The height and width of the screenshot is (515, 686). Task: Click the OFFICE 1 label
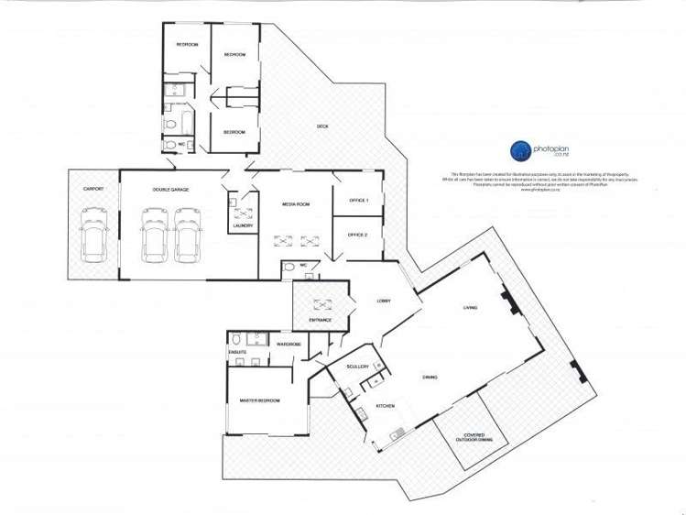pyautogui.click(x=358, y=200)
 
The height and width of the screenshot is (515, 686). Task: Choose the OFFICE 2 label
pyautogui.click(x=358, y=235)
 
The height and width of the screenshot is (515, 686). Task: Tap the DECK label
pyautogui.click(x=322, y=126)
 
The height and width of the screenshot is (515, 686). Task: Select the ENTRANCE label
pyautogui.click(x=320, y=320)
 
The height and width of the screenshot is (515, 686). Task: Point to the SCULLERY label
pyautogui.click(x=357, y=367)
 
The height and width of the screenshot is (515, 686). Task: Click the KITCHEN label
pyautogui.click(x=386, y=406)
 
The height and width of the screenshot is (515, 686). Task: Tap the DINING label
pyautogui.click(x=429, y=377)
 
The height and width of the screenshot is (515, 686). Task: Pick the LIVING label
pyautogui.click(x=469, y=307)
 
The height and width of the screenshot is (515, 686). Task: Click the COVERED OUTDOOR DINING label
pyautogui.click(x=473, y=438)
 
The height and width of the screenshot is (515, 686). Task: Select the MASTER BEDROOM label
pyautogui.click(x=259, y=400)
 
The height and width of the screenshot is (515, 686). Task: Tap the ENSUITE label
pyautogui.click(x=237, y=351)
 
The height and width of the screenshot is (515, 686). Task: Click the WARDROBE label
pyautogui.click(x=289, y=344)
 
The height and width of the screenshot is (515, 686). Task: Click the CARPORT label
pyautogui.click(x=93, y=190)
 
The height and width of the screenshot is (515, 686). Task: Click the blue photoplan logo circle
pyautogui.click(x=518, y=150)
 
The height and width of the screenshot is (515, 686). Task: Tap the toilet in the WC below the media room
pyautogui.click(x=289, y=266)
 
